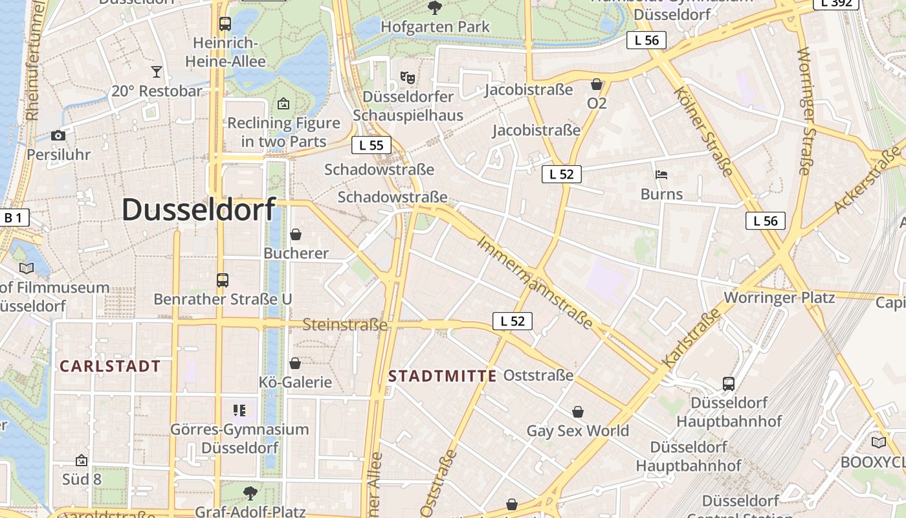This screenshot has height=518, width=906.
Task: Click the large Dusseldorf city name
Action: pos(199,210)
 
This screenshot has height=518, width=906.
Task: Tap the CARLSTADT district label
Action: pos(110,366)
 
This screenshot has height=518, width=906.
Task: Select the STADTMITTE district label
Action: pos(443,376)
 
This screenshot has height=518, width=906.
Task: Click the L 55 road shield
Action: pos(371,145)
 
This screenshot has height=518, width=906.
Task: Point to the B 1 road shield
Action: pos(14,218)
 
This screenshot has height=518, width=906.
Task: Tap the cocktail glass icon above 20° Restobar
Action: pos(156,71)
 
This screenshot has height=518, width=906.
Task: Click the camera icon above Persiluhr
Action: pos(58,135)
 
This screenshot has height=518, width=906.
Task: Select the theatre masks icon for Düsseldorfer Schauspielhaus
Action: pos(408,78)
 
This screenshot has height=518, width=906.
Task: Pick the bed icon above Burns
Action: pos(661,175)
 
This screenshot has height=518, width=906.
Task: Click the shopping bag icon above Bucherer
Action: pos(296,234)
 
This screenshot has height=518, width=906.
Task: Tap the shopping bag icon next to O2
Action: pos(597,84)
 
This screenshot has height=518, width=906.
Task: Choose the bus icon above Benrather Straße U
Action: pos(223,280)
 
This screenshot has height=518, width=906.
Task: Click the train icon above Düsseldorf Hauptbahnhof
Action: pos(729,384)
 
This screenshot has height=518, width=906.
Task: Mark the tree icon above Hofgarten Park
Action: pos(435,8)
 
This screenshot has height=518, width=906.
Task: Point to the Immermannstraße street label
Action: pos(535,282)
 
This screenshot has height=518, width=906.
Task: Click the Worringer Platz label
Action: pos(779,298)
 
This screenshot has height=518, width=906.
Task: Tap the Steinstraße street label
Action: pos(345,325)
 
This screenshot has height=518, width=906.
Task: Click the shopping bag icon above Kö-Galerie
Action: pos(295,363)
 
